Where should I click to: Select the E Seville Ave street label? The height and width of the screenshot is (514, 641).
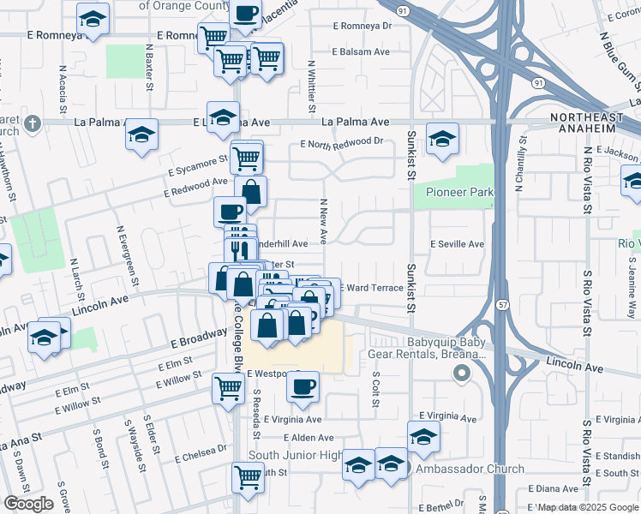click(x=457, y=244)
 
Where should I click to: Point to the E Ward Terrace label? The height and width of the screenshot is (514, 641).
click(x=371, y=288)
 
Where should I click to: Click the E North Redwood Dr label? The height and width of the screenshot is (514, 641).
click(x=341, y=142)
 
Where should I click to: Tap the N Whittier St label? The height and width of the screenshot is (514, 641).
click(x=309, y=86)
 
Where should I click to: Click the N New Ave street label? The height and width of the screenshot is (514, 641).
click(x=324, y=222)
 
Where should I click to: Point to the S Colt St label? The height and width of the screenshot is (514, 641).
click(x=375, y=390)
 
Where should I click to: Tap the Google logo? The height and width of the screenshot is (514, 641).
click(x=28, y=504)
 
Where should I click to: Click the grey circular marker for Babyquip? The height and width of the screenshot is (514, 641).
click(x=462, y=373)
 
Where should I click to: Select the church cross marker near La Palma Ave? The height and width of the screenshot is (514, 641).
click(x=33, y=123)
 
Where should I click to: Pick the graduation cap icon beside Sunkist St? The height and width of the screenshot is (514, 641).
click(x=442, y=138)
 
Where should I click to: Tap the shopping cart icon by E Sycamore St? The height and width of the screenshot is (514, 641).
click(x=247, y=156)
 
